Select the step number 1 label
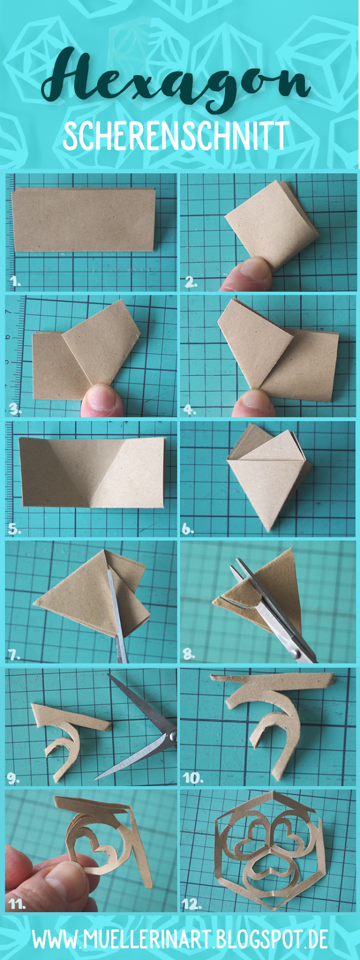pos(16,281)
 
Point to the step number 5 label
pos(14,529)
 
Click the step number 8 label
pos(189,655)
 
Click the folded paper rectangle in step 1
pos(84,220)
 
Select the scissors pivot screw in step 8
pos(295,653)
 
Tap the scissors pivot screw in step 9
pos(173,736)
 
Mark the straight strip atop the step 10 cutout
pos(272,678)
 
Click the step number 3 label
pos(16,410)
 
